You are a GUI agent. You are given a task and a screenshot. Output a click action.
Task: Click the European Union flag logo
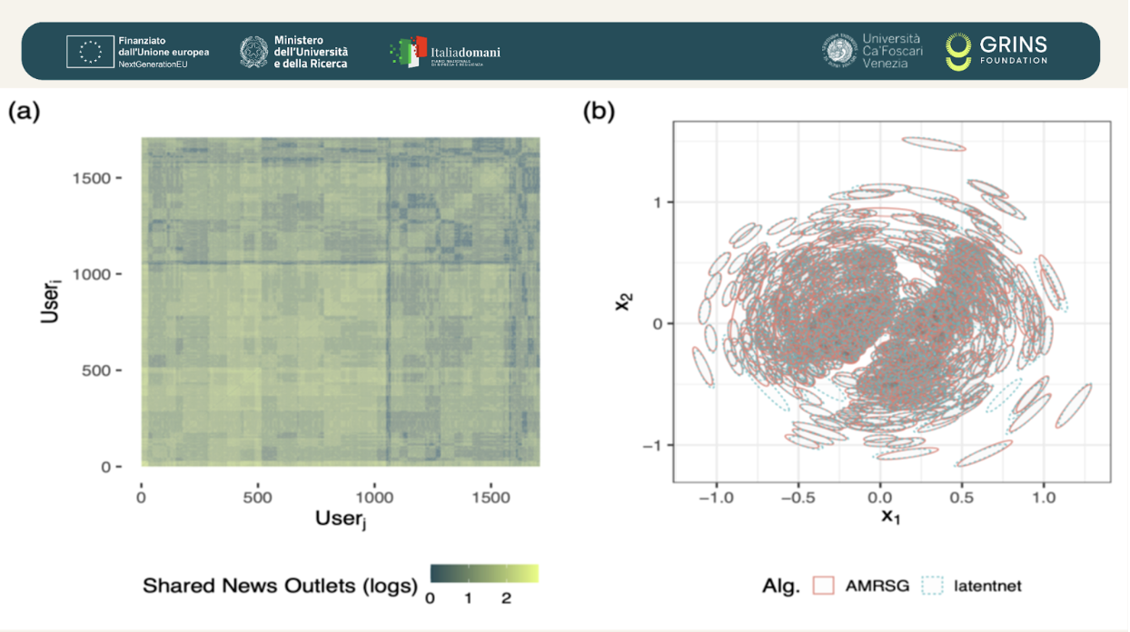(90, 52)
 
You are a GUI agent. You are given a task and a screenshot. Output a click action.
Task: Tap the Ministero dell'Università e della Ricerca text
(311, 52)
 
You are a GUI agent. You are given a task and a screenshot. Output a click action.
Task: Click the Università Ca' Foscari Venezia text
(890, 51)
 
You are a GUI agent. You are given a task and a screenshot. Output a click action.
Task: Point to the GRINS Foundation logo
(996, 52)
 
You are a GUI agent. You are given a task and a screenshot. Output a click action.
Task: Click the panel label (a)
(25, 112)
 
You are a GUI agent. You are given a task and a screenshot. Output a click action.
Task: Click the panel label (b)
(599, 112)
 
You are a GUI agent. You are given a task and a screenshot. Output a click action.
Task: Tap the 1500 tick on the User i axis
(92, 178)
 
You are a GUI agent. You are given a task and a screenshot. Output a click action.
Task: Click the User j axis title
(341, 518)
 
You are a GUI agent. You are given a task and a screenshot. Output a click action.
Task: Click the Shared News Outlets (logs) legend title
(280, 586)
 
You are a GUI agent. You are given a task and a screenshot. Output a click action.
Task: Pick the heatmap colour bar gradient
(483, 573)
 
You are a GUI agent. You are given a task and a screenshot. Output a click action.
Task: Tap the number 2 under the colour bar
(506, 598)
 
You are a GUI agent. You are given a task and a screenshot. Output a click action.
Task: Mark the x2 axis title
(623, 301)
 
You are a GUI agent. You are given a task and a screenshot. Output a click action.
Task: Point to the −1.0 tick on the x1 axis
(716, 498)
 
